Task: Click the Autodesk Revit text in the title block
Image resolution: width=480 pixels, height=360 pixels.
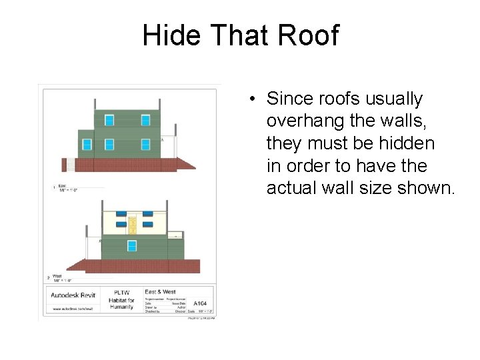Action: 73,294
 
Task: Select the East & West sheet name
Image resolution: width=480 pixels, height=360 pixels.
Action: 160,292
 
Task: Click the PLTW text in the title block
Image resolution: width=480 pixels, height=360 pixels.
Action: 121,292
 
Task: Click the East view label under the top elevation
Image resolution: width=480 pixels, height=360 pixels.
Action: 62,186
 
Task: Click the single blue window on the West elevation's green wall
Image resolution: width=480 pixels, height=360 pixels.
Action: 132,246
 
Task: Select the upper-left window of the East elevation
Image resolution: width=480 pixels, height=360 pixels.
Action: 109,120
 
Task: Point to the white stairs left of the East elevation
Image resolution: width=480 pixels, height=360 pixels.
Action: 69,163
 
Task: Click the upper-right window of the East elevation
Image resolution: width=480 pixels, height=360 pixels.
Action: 145,120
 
